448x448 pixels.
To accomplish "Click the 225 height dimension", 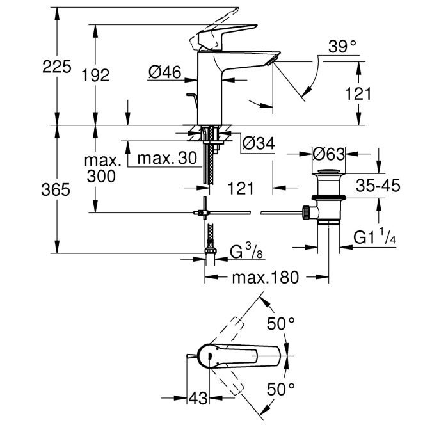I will [57, 67].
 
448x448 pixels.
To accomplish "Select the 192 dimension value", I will [96, 76].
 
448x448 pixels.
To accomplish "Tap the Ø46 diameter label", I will [164, 73].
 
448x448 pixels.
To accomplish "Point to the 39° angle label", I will [342, 47].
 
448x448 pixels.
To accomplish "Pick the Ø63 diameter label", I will [329, 154].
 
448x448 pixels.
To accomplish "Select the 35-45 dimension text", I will [378, 186].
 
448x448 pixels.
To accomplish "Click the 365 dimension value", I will [57, 190].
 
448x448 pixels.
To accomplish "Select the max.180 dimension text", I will [265, 278].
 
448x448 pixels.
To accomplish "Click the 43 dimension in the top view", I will [198, 399].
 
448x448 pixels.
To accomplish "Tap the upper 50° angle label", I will [281, 324].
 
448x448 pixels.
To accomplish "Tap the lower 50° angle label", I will [281, 388].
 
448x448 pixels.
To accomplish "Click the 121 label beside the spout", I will [358, 93].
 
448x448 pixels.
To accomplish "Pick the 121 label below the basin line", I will [241, 188].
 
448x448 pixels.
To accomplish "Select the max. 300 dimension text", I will [102, 168].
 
